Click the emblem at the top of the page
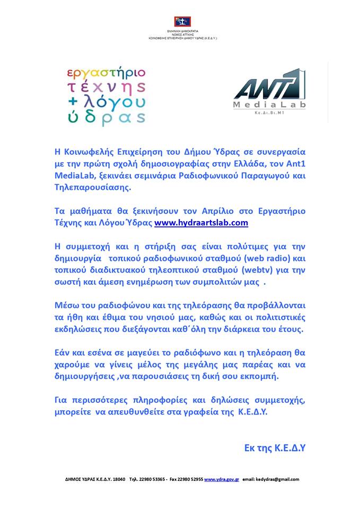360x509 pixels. pyautogui.click(x=182, y=22)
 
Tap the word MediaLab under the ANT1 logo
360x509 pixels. pyautogui.click(x=270, y=105)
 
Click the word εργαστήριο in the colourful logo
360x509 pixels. pyautogui.click(x=106, y=73)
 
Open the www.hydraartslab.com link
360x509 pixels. pyautogui.click(x=201, y=223)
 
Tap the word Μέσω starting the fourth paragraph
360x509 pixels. pyautogui.click(x=68, y=306)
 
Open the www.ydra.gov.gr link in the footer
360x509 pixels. pyautogui.click(x=222, y=479)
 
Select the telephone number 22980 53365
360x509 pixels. pyautogui.click(x=152, y=479)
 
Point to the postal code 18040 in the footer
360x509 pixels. pyautogui.click(x=119, y=479)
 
